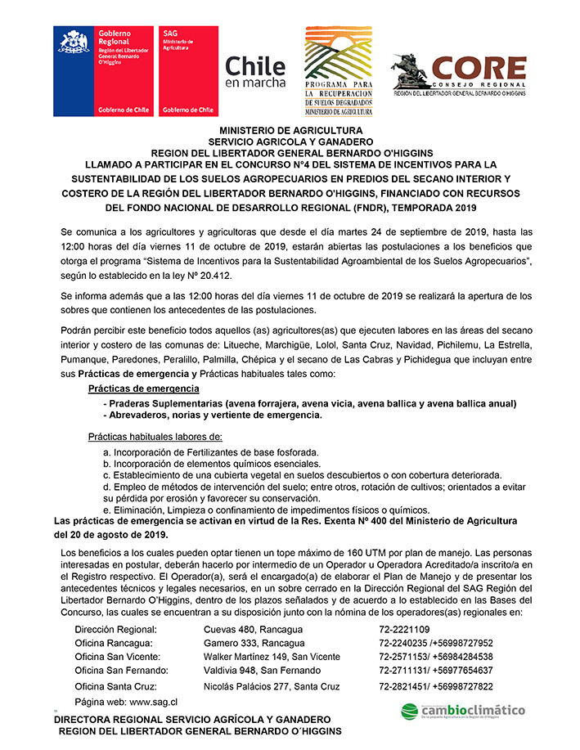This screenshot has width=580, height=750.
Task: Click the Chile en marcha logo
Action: click(255, 71)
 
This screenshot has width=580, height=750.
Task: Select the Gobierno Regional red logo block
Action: click(102, 72)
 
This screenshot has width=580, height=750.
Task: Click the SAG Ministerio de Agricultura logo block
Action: click(189, 72)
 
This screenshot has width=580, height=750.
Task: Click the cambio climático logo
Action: click(463, 711)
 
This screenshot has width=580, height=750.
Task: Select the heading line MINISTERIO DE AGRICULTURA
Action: click(290, 131)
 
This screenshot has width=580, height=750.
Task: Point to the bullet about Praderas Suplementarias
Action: click(309, 403)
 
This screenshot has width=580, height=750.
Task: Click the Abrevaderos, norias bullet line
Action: click(212, 415)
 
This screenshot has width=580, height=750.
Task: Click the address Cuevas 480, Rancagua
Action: click(253, 629)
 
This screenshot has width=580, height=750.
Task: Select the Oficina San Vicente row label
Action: click(118, 657)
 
